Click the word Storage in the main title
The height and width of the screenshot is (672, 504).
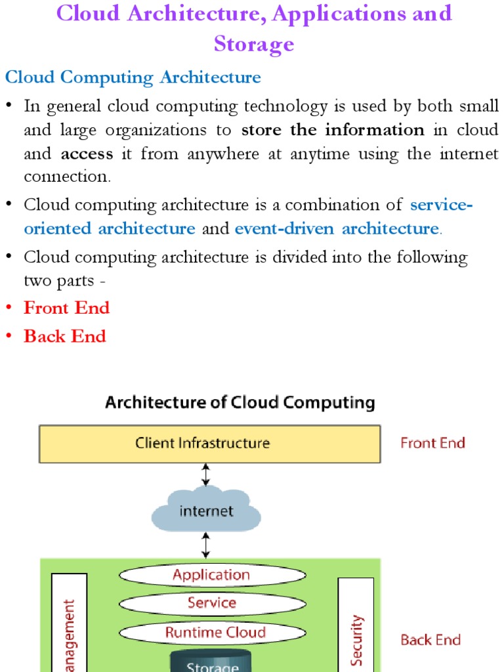pos(254,44)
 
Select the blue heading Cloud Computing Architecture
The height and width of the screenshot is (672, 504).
pos(133,77)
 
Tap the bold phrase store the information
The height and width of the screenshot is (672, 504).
pos(333,130)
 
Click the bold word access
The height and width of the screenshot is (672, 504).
pos(87,154)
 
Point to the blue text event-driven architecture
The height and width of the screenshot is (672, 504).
pos(337,228)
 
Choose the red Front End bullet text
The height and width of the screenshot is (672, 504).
pos(66,308)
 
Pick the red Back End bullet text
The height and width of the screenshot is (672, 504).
pos(64,336)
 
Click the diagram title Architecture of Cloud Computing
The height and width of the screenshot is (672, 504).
pos(240,402)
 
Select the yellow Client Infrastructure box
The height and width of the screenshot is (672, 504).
pos(209,444)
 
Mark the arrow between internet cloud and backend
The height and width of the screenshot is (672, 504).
pos(206,545)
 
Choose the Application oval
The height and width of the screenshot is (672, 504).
pos(212,576)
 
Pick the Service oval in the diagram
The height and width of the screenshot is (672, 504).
pos(212,603)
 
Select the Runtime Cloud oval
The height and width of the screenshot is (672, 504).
pos(212,633)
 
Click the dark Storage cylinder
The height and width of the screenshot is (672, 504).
pos(212,661)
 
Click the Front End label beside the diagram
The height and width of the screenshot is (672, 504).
pos(432,443)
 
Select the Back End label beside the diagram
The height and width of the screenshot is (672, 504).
pos(430,640)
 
